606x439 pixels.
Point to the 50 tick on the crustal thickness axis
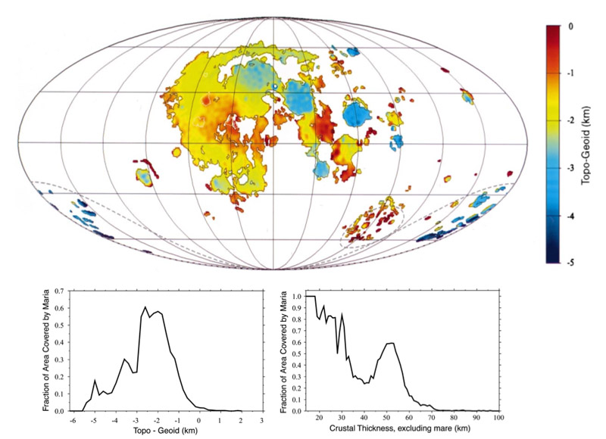[386, 419]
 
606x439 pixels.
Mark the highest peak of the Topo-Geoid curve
[145, 307]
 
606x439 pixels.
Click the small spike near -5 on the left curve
[95, 380]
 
